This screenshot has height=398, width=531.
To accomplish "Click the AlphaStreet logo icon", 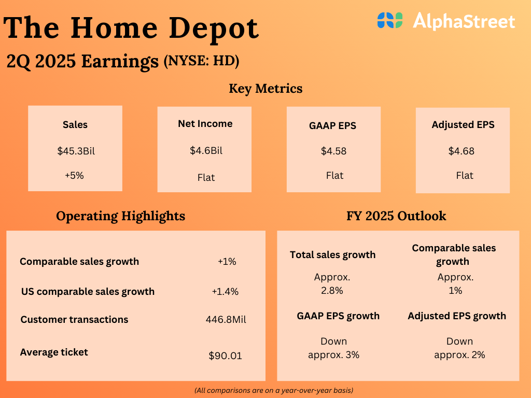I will click(x=390, y=21).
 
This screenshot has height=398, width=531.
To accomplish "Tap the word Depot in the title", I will click(x=214, y=29).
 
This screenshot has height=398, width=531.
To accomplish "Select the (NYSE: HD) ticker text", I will click(x=201, y=61).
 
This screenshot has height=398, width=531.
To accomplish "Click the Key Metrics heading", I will click(x=265, y=89).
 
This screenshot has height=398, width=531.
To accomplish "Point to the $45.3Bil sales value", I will click(x=76, y=152).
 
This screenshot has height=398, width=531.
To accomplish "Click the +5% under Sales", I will click(x=74, y=176).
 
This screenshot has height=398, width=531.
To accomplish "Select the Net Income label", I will click(x=205, y=124).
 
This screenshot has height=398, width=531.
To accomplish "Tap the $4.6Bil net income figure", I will click(x=206, y=151).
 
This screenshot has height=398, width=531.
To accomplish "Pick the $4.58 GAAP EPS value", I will click(x=333, y=151).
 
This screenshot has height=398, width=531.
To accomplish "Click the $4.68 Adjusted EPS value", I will click(x=462, y=151).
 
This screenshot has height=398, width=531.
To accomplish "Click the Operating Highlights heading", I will click(x=120, y=216).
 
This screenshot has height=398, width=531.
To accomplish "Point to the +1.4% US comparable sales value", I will click(x=225, y=292).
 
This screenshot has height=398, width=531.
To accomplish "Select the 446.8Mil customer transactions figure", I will click(x=226, y=320).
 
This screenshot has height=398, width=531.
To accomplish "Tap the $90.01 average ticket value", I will click(x=225, y=356).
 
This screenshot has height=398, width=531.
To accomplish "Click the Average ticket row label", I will click(x=54, y=352).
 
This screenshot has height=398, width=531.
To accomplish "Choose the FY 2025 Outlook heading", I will click(x=396, y=216).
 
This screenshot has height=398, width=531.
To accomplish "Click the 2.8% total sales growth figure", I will click(x=332, y=291).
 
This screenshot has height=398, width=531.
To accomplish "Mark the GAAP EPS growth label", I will click(x=338, y=316).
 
